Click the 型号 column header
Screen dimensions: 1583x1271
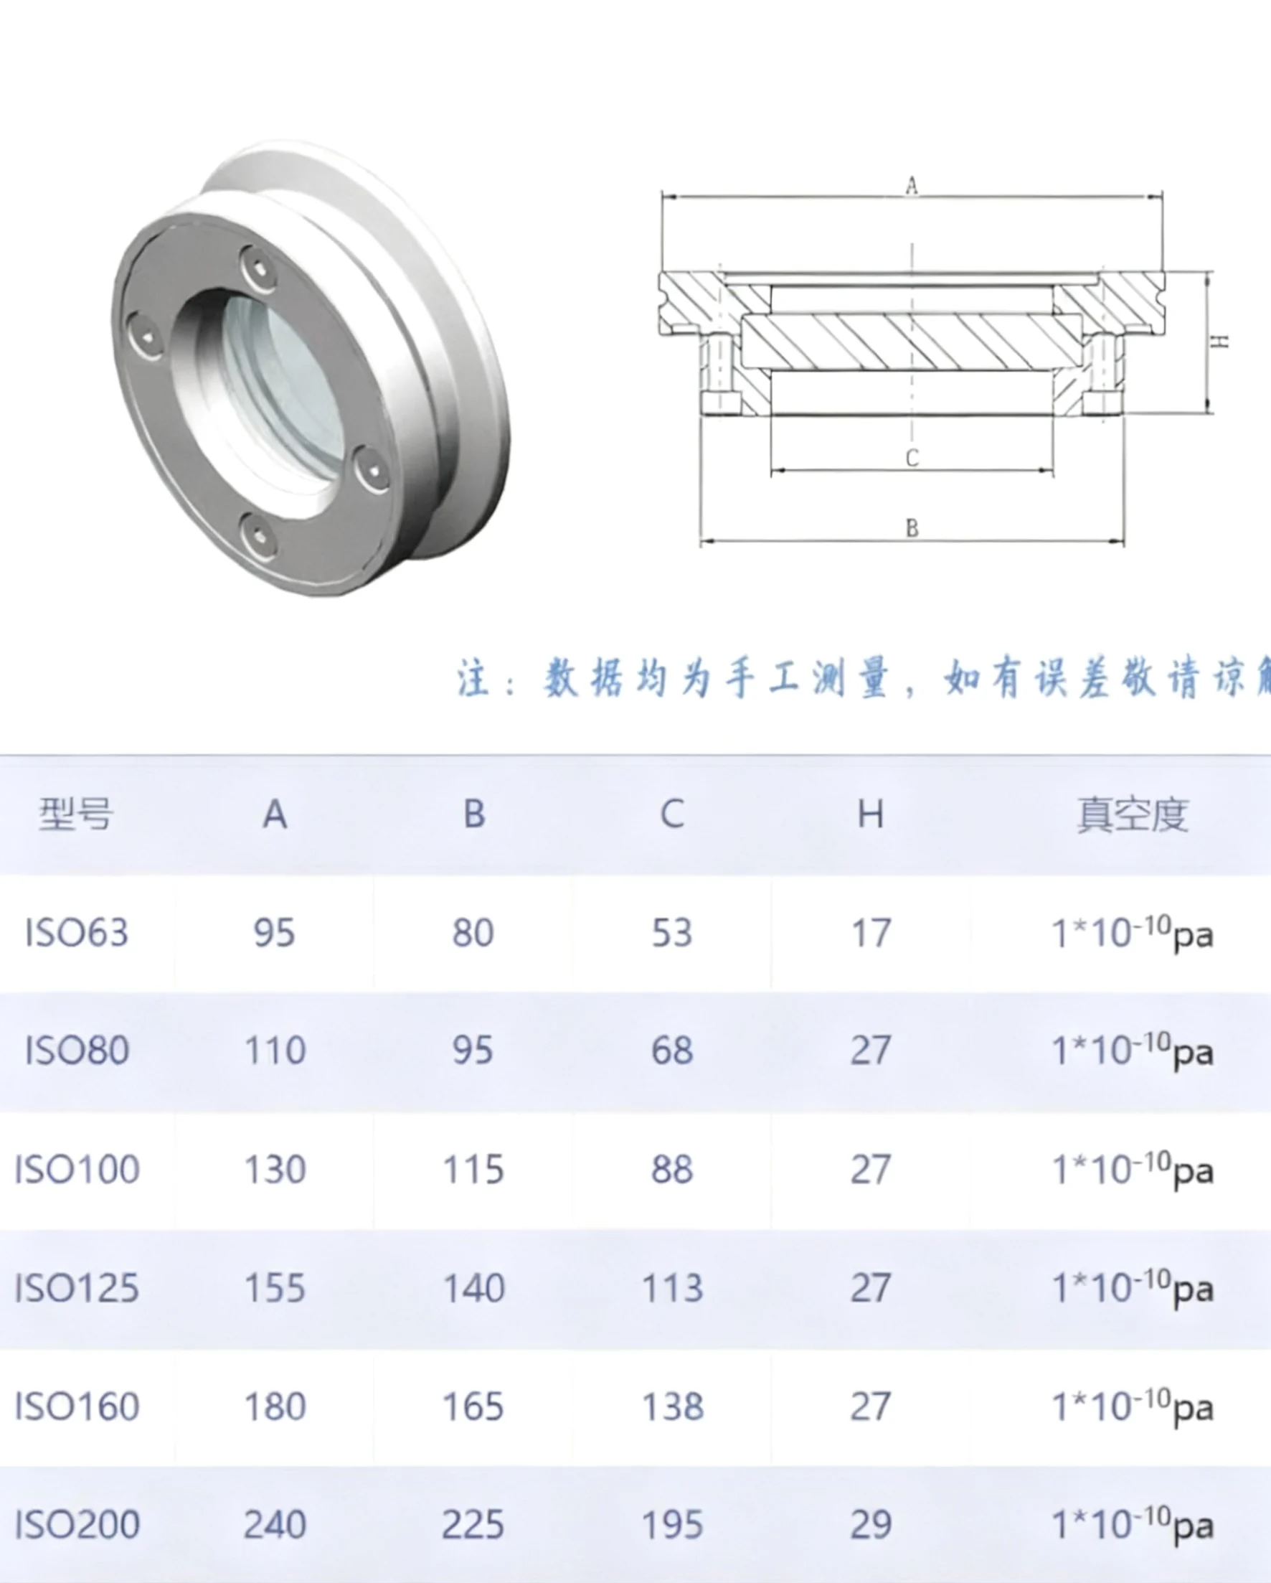pyautogui.click(x=75, y=814)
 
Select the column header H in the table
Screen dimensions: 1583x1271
pyautogui.click(x=870, y=814)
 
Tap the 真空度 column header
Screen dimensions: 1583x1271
pyautogui.click(x=1133, y=815)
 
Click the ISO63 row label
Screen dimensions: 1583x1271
pyautogui.click(x=76, y=933)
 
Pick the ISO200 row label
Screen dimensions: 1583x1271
pyautogui.click(x=77, y=1525)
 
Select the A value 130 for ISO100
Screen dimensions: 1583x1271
pyautogui.click(x=275, y=1170)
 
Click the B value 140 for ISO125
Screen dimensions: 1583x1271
pyautogui.click(x=473, y=1289)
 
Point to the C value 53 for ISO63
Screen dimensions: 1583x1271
pyautogui.click(x=671, y=933)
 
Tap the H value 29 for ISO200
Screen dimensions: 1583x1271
pyautogui.click(x=870, y=1525)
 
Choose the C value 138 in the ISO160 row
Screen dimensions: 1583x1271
pyautogui.click(x=672, y=1406)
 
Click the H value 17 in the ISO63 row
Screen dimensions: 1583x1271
pyautogui.click(x=870, y=933)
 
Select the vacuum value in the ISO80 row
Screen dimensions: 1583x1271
pyautogui.click(x=1133, y=1051)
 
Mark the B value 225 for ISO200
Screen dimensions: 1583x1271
pyautogui.click(x=473, y=1525)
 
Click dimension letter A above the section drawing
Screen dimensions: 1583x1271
pyautogui.click(x=912, y=186)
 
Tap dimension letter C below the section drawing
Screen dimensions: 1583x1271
pyautogui.click(x=912, y=458)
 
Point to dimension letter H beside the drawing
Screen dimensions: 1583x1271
pyautogui.click(x=1219, y=342)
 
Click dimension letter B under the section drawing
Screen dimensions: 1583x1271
pyautogui.click(x=912, y=528)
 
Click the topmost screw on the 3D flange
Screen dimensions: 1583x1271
pyautogui.click(x=259, y=268)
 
